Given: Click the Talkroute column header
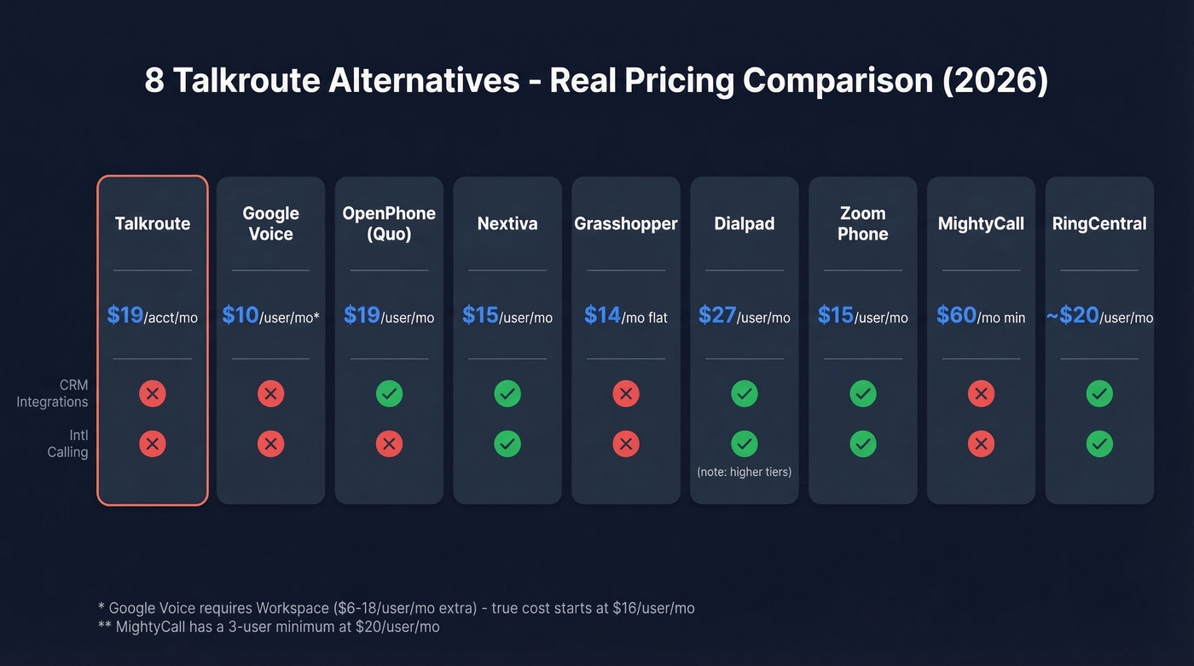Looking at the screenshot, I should coord(153,223).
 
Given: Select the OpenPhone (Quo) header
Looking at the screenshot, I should coord(389,223).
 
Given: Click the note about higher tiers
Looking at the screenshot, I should coord(744,472).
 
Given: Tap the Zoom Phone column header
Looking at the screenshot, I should coord(862,223).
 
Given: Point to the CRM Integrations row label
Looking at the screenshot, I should coord(53,393).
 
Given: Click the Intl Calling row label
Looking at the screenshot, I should coord(67,443).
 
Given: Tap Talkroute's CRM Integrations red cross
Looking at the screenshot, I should coord(153,393).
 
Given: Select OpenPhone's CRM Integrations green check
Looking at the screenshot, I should coord(389,393).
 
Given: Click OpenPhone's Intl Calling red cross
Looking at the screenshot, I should coord(389,443).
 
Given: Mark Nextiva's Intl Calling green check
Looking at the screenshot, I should coord(507,443).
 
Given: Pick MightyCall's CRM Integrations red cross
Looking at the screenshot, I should coord(981,393).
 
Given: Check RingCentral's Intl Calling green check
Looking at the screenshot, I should coord(1099,443).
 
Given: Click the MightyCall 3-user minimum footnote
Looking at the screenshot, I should coord(269,627).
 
